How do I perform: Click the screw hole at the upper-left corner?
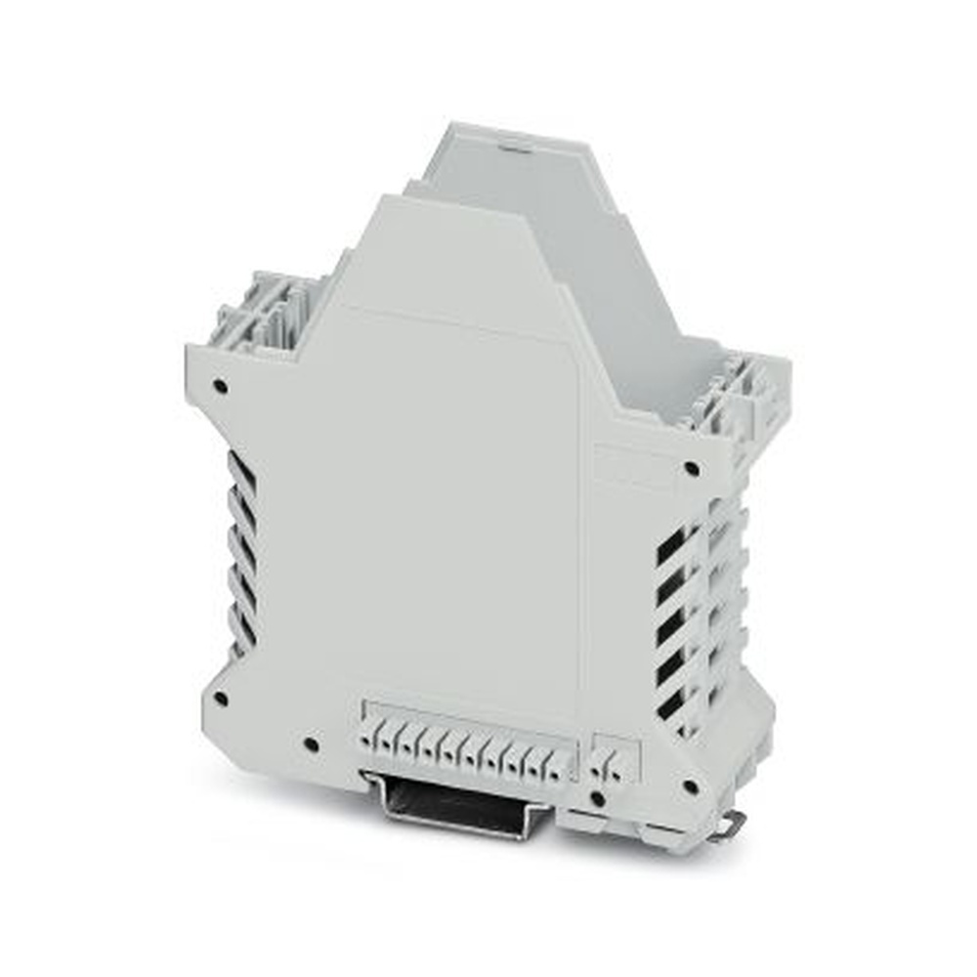[221, 386]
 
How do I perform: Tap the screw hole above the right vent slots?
[692, 468]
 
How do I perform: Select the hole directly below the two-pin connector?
[599, 798]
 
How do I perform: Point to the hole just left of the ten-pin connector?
[311, 744]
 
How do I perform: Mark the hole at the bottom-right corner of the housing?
[690, 786]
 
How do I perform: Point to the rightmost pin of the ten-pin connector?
[557, 768]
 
